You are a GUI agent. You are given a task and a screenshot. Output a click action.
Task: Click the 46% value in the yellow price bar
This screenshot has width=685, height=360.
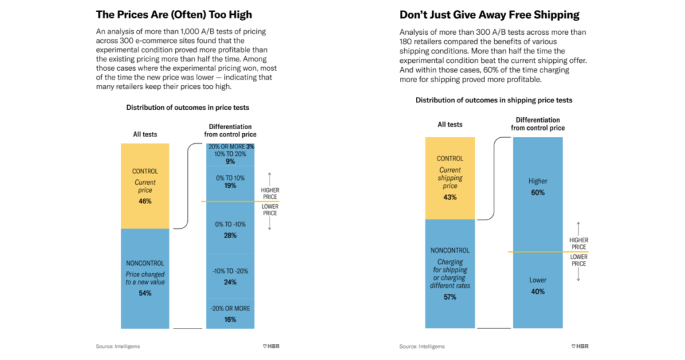(145, 201)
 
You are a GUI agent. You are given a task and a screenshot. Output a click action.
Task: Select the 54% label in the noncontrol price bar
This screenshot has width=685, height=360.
(145, 292)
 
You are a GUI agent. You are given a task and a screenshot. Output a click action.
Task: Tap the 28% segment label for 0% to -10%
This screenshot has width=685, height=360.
(230, 235)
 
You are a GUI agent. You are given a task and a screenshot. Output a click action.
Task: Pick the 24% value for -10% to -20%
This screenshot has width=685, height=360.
(230, 282)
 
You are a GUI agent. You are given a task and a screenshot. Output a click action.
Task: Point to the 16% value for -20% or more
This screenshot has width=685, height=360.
(230, 320)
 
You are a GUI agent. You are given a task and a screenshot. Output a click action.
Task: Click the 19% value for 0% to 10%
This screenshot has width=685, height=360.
(230, 185)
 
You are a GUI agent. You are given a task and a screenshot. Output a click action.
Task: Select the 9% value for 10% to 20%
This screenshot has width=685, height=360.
(230, 161)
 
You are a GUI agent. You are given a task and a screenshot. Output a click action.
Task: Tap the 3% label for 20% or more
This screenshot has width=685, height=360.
(250, 147)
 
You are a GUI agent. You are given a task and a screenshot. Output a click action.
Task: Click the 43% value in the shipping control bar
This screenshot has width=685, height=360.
(450, 197)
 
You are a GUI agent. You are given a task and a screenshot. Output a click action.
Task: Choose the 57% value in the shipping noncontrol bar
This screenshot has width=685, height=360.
(450, 296)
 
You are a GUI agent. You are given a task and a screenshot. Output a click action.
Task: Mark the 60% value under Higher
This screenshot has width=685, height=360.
(537, 193)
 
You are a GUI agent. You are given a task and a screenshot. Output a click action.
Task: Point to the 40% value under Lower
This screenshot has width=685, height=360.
(537, 292)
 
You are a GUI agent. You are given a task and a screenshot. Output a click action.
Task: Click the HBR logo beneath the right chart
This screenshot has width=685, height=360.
(580, 346)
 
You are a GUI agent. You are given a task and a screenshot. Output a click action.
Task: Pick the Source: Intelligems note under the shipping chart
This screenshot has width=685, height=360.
(421, 347)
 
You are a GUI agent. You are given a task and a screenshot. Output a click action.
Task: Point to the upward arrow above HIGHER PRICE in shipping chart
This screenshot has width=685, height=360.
(579, 228)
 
